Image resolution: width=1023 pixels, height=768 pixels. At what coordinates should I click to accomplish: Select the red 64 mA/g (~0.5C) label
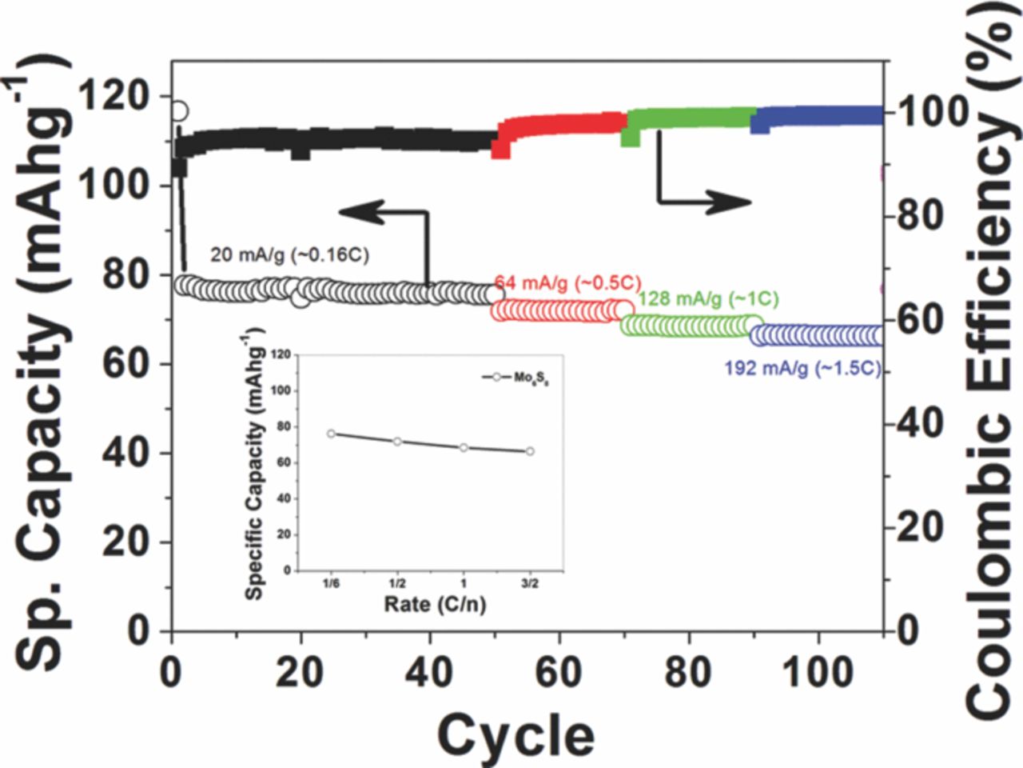568,282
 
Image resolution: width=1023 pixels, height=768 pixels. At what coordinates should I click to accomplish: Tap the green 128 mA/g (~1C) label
708,299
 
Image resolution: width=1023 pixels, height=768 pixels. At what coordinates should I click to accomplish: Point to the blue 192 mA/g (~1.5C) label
802,369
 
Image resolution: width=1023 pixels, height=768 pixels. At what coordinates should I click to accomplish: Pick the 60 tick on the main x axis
559,672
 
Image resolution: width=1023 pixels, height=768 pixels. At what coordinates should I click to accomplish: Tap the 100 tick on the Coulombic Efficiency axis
933,112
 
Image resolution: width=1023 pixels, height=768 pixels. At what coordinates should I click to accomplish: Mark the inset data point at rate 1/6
331,434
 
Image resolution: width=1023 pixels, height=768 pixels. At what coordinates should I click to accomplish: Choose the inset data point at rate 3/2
530,451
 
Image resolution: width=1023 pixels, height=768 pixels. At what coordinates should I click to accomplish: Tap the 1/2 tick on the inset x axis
397,584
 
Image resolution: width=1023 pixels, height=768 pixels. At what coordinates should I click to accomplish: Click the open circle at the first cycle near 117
179,110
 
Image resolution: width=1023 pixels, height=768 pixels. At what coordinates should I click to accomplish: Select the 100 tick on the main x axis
817,672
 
